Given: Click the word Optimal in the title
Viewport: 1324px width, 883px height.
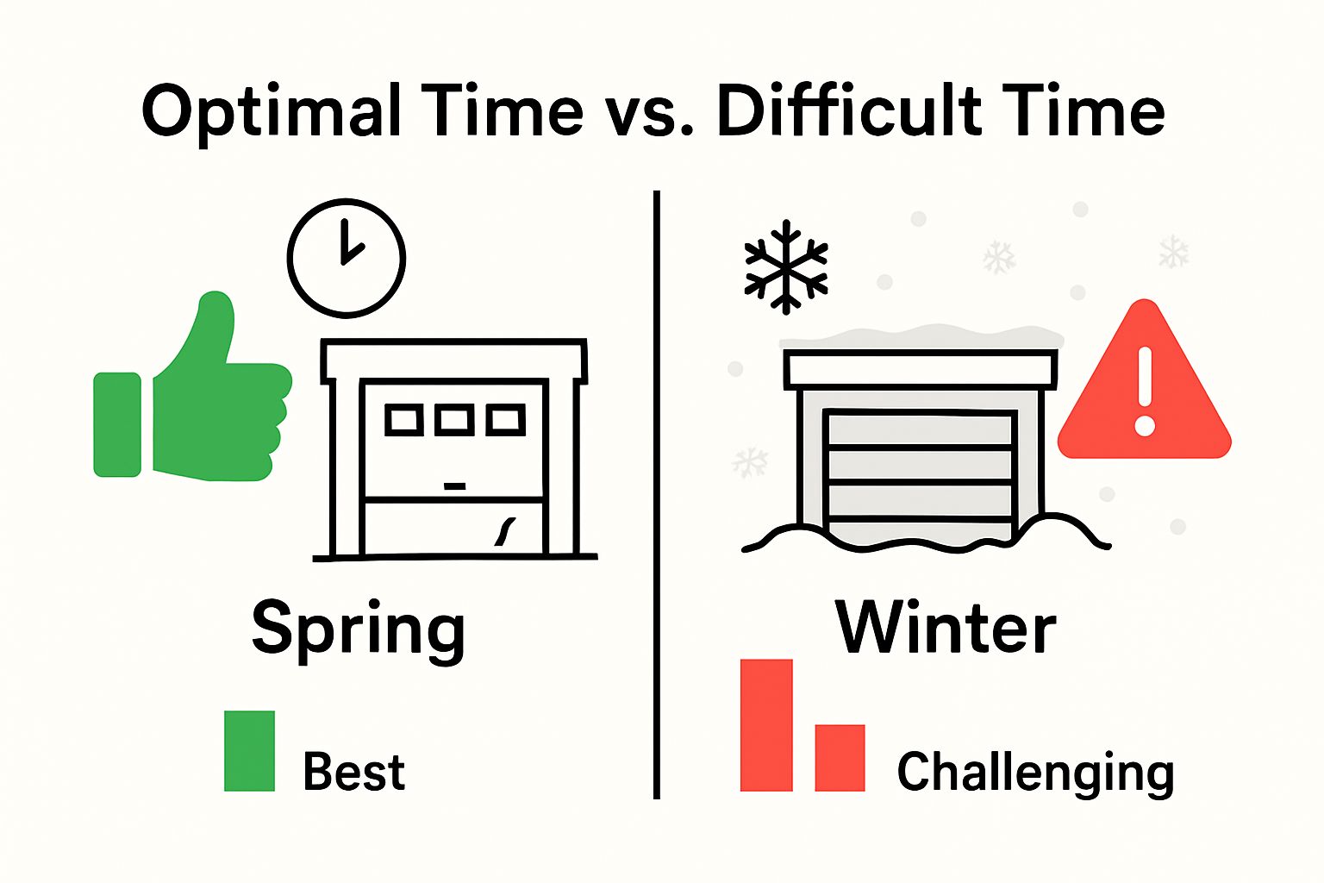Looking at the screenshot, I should pos(272,112).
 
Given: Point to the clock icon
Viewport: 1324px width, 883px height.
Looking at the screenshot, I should pos(346,257).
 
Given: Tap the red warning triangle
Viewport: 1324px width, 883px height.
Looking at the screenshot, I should pos(1144,388).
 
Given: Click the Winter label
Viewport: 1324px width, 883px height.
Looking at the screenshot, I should pos(946,628).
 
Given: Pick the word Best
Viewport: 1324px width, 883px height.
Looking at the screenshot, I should pos(353,771).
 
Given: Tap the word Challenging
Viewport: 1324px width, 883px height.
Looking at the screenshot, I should pos(1035,771).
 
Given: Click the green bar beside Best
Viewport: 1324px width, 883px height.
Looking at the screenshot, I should pos(249,750).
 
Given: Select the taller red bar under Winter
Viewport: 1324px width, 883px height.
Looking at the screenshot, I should pos(766,724).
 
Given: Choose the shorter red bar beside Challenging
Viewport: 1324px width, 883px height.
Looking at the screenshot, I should pos(840,757).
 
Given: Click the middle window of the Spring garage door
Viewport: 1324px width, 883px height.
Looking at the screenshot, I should pos(453,420).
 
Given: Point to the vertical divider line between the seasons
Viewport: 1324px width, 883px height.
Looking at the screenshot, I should pos(657,496).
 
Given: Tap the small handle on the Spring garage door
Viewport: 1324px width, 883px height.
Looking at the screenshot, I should pos(454,486).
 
